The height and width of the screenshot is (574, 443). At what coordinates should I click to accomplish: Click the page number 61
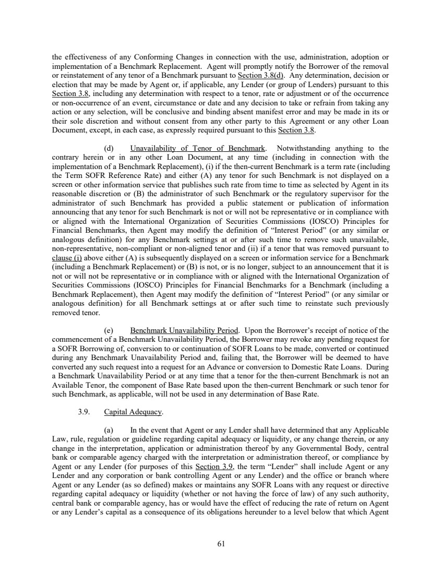tap(221, 544)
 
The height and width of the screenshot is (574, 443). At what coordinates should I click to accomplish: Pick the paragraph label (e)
tap(109, 330)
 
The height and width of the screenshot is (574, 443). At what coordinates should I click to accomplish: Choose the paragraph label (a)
tap(109, 430)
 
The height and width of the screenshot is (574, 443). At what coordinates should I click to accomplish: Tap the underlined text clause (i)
tap(66, 257)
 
